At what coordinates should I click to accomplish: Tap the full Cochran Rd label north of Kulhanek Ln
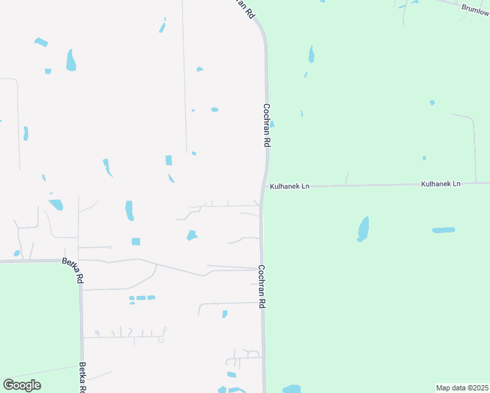pyautogui.click(x=267, y=124)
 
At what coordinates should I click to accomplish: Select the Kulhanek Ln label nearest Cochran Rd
pyautogui.click(x=288, y=186)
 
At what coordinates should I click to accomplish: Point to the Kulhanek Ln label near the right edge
pyautogui.click(x=441, y=184)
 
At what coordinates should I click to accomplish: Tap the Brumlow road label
pyautogui.click(x=475, y=9)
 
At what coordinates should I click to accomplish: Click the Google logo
pyautogui.click(x=22, y=385)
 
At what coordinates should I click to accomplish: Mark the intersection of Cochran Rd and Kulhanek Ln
pyautogui.click(x=263, y=187)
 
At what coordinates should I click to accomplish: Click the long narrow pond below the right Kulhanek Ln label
pyautogui.click(x=443, y=230)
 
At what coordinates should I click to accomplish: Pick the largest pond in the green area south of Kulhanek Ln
pyautogui.click(x=363, y=228)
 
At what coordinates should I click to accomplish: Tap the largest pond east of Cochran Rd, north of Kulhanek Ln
pyautogui.click(x=311, y=54)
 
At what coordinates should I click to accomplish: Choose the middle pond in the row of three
pyautogui.click(x=141, y=298)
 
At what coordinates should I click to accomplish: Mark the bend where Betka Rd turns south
pyautogui.click(x=79, y=261)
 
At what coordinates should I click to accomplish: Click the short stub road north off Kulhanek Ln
pyautogui.click(x=347, y=178)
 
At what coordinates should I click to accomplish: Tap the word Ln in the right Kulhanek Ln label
pyautogui.click(x=456, y=184)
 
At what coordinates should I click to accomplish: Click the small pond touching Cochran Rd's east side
pyautogui.click(x=271, y=124)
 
